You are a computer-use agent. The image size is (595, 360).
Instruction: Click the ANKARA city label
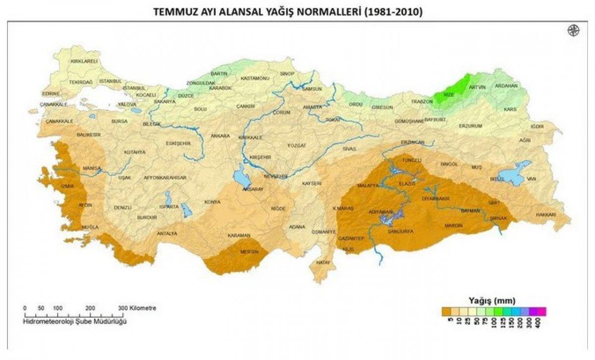click(220, 135)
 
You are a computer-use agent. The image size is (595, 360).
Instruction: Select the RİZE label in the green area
click(449, 95)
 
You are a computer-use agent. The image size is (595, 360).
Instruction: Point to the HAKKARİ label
click(546, 215)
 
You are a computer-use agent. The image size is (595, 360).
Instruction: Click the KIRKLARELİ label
click(84, 61)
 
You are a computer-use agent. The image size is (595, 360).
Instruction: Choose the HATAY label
click(323, 262)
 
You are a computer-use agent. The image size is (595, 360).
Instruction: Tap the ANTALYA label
click(167, 233)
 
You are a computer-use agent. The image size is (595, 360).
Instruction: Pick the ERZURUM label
click(470, 126)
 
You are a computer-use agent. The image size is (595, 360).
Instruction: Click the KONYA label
click(212, 202)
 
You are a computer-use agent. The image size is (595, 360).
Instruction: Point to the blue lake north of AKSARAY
click(240, 176)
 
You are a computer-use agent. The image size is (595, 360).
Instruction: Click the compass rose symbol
click(573, 44)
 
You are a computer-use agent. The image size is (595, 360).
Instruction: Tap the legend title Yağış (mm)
click(492, 300)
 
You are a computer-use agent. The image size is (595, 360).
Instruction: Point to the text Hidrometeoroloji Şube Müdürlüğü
click(75, 322)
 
